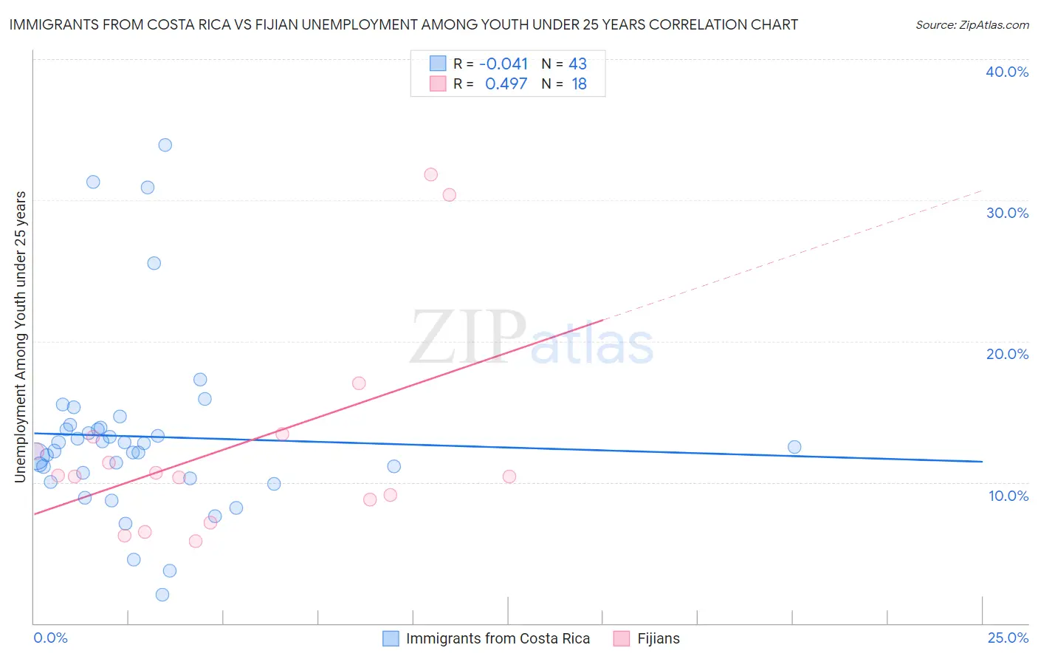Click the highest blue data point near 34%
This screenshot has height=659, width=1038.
[x=165, y=145]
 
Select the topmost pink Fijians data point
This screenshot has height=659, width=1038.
[x=431, y=174]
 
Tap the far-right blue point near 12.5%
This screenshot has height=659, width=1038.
[x=794, y=447]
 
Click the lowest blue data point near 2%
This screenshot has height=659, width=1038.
[x=162, y=595]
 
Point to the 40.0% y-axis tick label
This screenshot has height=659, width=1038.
[x=1007, y=72]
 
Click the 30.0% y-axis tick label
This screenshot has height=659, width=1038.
[x=1007, y=213]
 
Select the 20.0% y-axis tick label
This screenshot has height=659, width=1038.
[x=1007, y=354]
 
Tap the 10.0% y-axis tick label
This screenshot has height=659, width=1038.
[x=1008, y=496]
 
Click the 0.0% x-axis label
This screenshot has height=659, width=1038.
[x=51, y=638]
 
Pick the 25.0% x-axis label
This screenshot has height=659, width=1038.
[x=1008, y=638]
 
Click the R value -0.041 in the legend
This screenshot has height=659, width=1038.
[x=503, y=64]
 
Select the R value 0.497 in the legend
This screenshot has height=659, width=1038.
[x=506, y=84]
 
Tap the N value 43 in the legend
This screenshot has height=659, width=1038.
[x=577, y=64]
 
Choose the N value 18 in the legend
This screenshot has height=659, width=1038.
[x=579, y=84]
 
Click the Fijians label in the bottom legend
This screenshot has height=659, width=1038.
[x=659, y=638]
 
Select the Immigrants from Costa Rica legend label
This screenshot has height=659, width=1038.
[x=498, y=638]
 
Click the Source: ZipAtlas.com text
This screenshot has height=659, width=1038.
[x=972, y=25]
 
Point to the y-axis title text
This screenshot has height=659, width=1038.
[x=21, y=337]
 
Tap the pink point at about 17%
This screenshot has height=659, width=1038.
[x=359, y=383]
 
